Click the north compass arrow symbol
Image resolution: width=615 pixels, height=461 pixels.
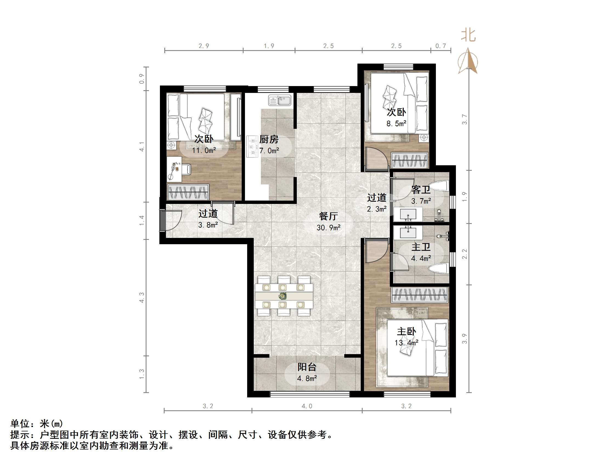point(468,61)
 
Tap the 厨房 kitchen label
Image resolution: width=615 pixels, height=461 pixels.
point(269,139)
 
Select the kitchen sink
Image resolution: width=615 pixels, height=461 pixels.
point(280,100)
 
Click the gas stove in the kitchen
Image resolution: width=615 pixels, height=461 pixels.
point(252,146)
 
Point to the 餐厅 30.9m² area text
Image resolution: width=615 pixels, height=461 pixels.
point(328,222)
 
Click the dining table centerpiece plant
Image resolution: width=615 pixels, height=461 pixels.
point(283,296)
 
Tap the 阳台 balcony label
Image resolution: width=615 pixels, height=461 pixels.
point(307,367)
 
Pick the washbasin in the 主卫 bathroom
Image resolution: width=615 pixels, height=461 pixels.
point(408,232)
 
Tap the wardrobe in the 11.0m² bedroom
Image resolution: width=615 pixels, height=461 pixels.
point(188,192)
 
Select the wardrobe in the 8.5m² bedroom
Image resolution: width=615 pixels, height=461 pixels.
point(409,160)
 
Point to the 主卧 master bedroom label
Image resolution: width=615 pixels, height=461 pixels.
point(406,331)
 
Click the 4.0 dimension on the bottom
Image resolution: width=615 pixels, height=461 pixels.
point(307,406)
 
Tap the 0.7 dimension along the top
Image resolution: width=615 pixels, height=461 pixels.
point(440,46)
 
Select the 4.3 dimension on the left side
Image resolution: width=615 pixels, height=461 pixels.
point(142,297)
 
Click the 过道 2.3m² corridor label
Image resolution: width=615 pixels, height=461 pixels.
point(376,203)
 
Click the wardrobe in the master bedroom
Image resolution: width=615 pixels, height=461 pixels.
point(419,295)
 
